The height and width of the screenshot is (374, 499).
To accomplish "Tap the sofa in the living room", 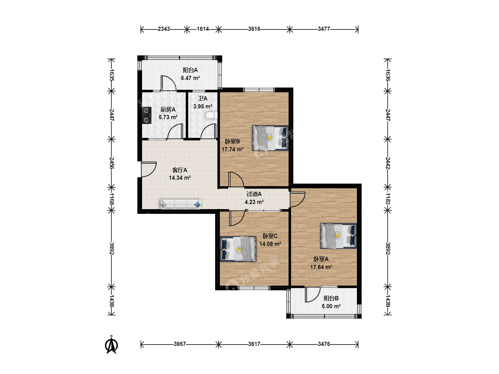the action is point(181,204).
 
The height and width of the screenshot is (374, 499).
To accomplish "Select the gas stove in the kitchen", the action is point(147,115).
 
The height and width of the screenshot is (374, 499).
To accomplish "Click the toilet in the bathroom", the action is point(211,115).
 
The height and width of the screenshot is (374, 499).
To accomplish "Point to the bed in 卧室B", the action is point(270,138).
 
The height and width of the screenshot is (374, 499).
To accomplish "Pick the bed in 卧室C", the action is point(238,249).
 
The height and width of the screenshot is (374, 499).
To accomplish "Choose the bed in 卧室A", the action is point(339,236).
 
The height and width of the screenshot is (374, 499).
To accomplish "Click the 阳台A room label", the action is point(190,70).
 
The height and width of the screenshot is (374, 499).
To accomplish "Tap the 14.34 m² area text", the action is point(180,178).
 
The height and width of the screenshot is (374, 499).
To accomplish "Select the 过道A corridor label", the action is point(254,194).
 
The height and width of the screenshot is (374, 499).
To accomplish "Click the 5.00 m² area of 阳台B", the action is point(331,306).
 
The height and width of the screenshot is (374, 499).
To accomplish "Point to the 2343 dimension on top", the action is point(164,29).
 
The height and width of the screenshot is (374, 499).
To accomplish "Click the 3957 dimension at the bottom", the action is point(180,344).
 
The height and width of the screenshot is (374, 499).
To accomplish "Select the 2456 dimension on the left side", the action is point(112,163).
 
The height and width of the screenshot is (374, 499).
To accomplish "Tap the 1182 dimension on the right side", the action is point(388,199).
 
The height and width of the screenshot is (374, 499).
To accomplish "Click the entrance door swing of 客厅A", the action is point(149,169).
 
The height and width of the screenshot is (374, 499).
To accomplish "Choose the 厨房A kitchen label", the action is point(168,109).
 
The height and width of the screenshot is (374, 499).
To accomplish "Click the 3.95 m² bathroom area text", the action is point(203,106).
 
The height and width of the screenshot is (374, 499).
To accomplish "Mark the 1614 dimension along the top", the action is point(203,29).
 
